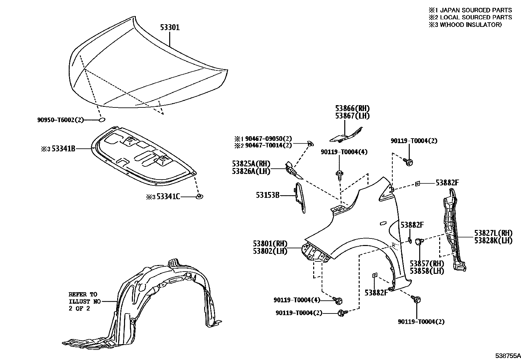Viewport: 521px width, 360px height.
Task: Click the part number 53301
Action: [x=170, y=28]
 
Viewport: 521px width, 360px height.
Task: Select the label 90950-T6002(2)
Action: [x=61, y=120]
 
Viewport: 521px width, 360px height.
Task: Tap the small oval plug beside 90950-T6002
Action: [x=102, y=120]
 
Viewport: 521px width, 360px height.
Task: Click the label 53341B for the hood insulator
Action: [x=63, y=149]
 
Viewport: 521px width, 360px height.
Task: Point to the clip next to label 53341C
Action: [x=199, y=196]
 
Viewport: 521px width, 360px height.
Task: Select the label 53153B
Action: [x=268, y=195]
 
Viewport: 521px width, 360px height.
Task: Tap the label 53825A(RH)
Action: [x=251, y=164]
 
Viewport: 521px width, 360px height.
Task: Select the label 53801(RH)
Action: [x=270, y=244]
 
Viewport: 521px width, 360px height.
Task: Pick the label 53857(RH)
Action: [x=427, y=264]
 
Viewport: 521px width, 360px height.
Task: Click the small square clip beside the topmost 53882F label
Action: [x=418, y=184]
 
